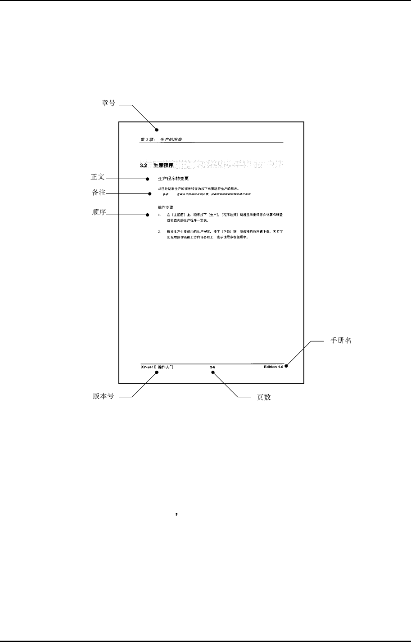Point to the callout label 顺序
pyautogui.click(x=98, y=212)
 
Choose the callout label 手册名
pyautogui.click(x=341, y=341)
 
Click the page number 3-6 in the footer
pyautogui.click(x=212, y=368)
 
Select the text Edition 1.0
pyautogui.click(x=274, y=368)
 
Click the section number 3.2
pyautogui.click(x=144, y=166)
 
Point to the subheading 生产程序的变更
pyautogui.click(x=173, y=179)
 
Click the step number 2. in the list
pyautogui.click(x=159, y=231)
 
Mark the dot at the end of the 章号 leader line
pyautogui.click(x=157, y=130)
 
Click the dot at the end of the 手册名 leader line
pyautogui.click(x=286, y=365)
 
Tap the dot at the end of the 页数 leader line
pyautogui.click(x=213, y=373)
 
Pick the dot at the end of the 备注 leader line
pyautogui.click(x=150, y=194)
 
